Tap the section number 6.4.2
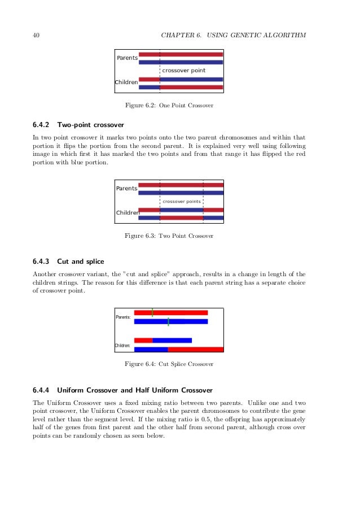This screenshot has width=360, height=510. pos(42,124)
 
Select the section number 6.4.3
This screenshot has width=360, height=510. pos(42,261)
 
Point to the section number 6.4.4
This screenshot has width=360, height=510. pos(42,390)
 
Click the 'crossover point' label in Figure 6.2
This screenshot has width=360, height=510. pos(183,71)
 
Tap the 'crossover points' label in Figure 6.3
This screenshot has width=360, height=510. pos(181,201)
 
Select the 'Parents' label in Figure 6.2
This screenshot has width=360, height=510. pos(127,58)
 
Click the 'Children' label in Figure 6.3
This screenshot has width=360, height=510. pos(128,213)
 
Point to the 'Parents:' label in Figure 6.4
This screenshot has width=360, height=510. pos(123,317)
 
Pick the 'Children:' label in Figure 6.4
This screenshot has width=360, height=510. pos(123,345)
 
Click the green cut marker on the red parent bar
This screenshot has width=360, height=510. pos(152,312)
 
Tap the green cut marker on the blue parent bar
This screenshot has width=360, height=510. pos(168,321)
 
